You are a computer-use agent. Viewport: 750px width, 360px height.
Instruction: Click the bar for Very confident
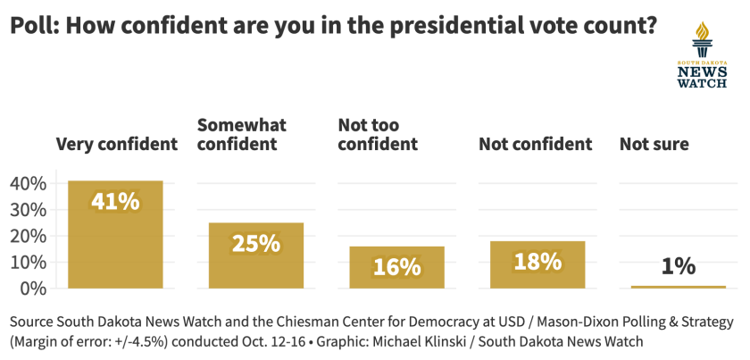[x=115, y=234]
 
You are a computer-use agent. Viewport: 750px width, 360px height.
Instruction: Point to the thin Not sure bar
[x=679, y=287]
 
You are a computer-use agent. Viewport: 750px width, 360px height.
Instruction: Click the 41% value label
[x=115, y=201]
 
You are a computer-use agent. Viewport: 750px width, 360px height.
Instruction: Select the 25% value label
[x=256, y=242]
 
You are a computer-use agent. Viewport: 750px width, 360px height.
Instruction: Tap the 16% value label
[x=396, y=266]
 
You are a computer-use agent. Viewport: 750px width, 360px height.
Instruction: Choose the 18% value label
[x=537, y=262]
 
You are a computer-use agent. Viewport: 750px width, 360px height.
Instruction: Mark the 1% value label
[x=679, y=266]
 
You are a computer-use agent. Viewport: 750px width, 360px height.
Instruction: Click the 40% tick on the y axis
[x=28, y=183]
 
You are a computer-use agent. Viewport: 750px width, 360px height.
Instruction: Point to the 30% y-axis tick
[x=28, y=209]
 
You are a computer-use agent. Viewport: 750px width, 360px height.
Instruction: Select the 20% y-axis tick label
[x=28, y=236]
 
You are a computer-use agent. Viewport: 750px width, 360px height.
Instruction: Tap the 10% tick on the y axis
[x=28, y=262]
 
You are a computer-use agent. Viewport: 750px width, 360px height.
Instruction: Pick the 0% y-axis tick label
[x=33, y=288]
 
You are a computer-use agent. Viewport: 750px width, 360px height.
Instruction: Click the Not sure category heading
[x=654, y=144]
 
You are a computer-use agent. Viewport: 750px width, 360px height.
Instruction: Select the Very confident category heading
[x=117, y=144]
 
